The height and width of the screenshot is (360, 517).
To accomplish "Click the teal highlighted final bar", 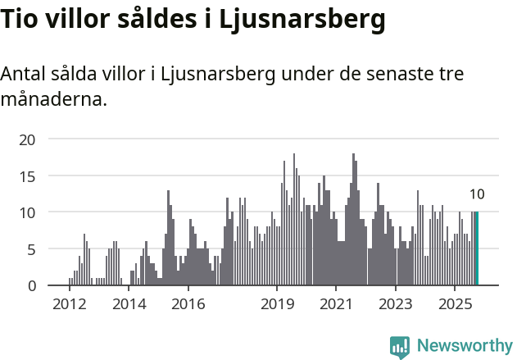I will click(477, 248).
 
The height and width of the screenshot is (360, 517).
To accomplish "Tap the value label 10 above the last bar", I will click(477, 194).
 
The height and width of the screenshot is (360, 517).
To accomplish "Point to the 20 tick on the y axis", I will click(28, 139).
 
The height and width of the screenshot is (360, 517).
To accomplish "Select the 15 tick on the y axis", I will click(28, 176).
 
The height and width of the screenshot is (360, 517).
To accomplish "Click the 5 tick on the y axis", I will click(31, 249).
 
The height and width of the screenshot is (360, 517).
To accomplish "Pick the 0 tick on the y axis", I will click(31, 285).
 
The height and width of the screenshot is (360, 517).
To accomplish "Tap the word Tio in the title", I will click(22, 20).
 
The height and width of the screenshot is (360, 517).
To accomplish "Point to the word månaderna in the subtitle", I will click(53, 100).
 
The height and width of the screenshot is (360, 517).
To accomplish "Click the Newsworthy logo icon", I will click(400, 347).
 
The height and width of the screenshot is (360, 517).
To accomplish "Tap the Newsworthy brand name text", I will click(464, 346).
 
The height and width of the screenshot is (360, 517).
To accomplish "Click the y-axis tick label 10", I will click(28, 212).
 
